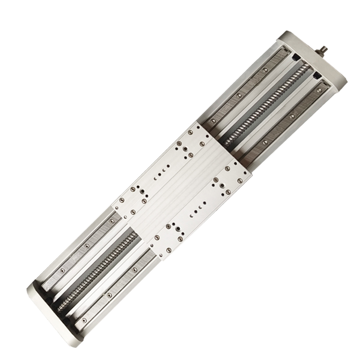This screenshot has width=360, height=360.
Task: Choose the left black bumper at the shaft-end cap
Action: (x=295, y=58)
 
